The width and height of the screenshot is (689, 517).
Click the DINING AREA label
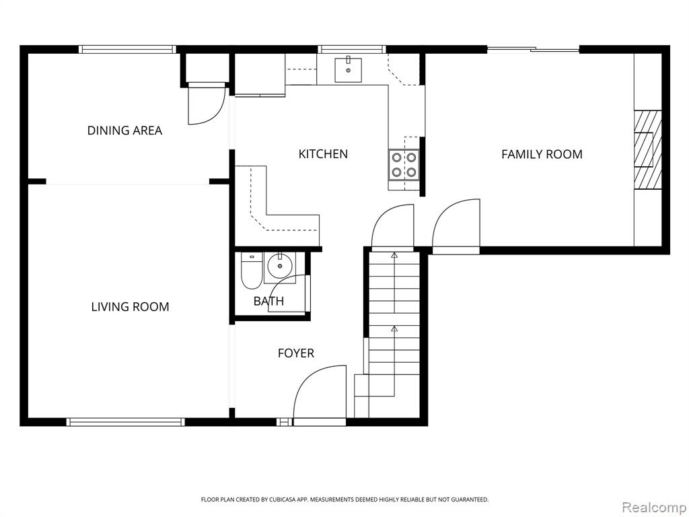pyautogui.click(x=124, y=131)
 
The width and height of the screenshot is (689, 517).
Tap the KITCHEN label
pyautogui.click(x=323, y=154)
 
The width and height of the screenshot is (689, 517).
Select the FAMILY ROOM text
pyautogui.click(x=542, y=154)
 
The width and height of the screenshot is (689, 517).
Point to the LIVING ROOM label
pyautogui.click(x=130, y=307)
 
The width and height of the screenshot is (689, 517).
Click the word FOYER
pyautogui.click(x=296, y=353)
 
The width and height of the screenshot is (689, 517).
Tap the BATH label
pyautogui.click(x=268, y=301)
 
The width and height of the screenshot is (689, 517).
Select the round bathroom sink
pyautogui.click(x=279, y=266)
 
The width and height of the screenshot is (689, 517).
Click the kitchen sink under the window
pyautogui.click(x=348, y=70)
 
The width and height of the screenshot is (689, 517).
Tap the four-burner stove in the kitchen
pyautogui.click(x=404, y=164)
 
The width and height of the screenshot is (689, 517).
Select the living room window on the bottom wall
pyautogui.click(x=125, y=422)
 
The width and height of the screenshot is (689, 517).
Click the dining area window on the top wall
pyautogui.click(x=127, y=49)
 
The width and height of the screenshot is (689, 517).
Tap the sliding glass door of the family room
pyautogui.click(x=533, y=49)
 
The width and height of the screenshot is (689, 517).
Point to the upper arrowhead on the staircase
pyautogui.click(x=394, y=254)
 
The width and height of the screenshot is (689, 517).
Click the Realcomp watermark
pyautogui.click(x=654, y=508)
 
